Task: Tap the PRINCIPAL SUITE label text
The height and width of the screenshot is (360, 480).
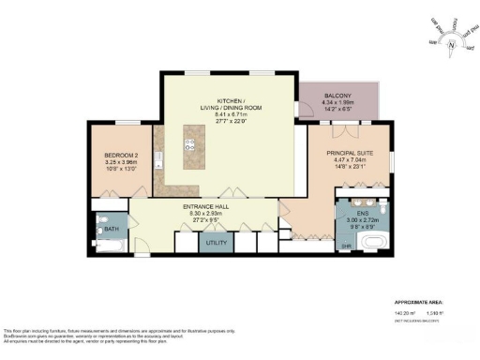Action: tap(349, 152)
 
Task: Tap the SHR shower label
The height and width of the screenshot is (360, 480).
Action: tap(345, 247)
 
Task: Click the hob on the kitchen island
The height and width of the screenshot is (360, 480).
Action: tap(188, 145)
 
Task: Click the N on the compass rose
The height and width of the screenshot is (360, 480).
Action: tap(450, 44)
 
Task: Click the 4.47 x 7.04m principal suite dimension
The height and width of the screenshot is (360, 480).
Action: tap(349, 159)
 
